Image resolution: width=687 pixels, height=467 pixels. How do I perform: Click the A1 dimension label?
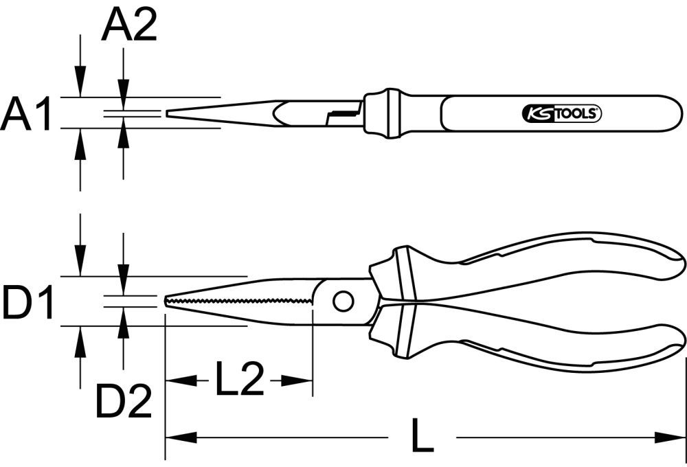click(x=27, y=113)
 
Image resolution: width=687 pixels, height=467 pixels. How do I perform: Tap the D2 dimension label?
click(x=124, y=402)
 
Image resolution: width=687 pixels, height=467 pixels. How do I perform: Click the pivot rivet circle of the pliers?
click(x=342, y=300)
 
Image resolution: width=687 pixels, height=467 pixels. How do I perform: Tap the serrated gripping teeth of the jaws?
click(x=240, y=301)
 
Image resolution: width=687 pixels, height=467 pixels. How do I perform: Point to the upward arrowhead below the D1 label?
click(x=81, y=340)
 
